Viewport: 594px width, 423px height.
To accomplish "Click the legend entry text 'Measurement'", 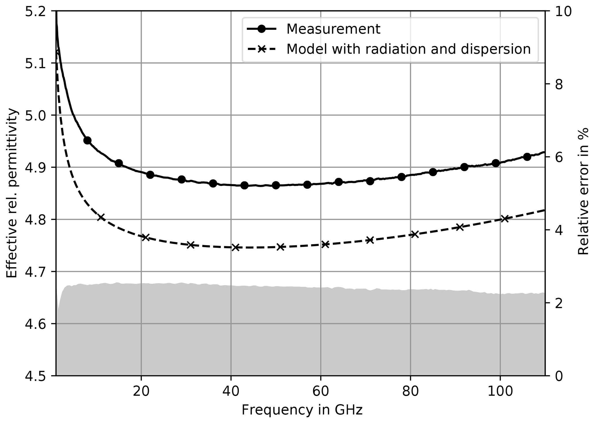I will tap(333, 29).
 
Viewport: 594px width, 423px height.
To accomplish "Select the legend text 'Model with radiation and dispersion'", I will tap(408, 49).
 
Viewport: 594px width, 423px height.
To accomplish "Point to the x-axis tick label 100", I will tap(500, 392).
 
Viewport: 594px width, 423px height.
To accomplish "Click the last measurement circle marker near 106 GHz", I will tap(527, 157).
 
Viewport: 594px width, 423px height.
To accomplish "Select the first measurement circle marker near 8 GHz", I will tap(87, 141).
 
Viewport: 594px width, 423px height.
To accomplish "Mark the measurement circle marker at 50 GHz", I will tap(276, 185).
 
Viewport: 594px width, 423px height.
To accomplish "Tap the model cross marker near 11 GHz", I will tap(101, 217).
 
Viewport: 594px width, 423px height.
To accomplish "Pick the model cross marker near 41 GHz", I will tap(236, 247).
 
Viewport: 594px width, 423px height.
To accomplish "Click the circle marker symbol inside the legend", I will tap(261, 29).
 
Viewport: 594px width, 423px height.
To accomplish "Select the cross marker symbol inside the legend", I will tap(261, 49).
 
